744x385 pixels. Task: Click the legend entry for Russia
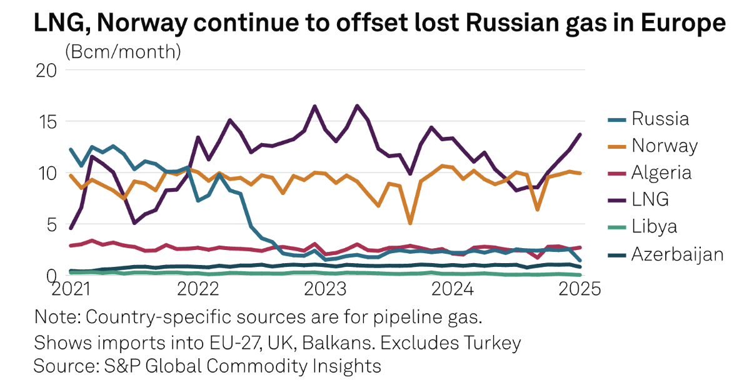coord(660,118)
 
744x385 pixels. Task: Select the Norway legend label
coord(665,146)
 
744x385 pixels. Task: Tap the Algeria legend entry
coord(661,172)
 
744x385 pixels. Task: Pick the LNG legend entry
coord(650,199)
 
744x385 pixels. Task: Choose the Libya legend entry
coord(654,227)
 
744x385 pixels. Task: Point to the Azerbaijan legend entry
coord(677,254)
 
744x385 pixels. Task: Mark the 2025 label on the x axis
coord(580,289)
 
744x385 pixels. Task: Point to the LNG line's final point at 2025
coord(581,134)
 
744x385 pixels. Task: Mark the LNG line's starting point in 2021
coord(71,228)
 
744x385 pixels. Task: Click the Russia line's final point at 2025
coord(581,261)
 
